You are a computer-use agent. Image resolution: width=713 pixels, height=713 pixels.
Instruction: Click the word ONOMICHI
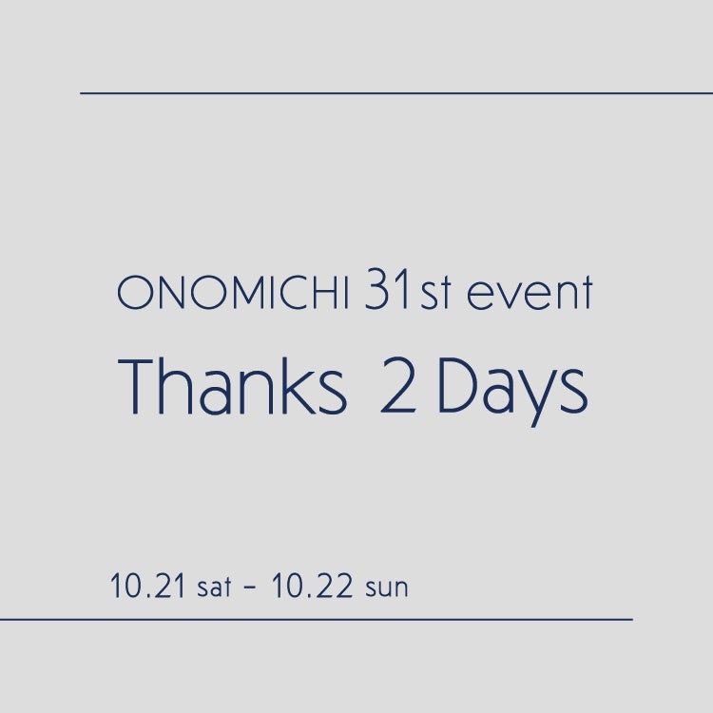pyautogui.click(x=233, y=293)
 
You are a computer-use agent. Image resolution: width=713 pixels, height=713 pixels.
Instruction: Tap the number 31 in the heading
pyautogui.click(x=387, y=289)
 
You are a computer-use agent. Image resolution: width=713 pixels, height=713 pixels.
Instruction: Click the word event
pyautogui.click(x=530, y=294)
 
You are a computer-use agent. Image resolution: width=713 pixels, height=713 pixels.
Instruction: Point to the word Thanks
pyautogui.click(x=232, y=387)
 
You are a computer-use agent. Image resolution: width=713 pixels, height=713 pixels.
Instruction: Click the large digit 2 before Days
pyautogui.click(x=398, y=386)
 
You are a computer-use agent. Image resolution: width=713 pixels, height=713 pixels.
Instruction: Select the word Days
pyautogui.click(x=513, y=392)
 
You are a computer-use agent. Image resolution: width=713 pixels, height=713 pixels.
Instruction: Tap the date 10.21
pyautogui.click(x=147, y=586)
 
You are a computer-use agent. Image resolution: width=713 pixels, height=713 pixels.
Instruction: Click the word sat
pyautogui.click(x=214, y=588)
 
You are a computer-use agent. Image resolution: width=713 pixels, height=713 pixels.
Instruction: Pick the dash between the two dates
pyautogui.click(x=250, y=588)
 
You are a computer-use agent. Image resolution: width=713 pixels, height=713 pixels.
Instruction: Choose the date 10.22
pyautogui.click(x=312, y=586)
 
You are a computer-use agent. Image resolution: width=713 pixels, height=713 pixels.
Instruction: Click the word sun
pyautogui.click(x=387, y=588)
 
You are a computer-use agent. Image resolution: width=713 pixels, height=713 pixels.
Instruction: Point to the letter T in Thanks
pyautogui.click(x=136, y=387)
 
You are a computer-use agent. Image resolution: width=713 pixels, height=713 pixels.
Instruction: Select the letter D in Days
pyautogui.click(x=458, y=386)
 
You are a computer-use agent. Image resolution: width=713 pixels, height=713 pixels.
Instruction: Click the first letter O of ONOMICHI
pyautogui.click(x=134, y=294)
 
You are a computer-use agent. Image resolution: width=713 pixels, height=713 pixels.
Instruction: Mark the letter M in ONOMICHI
pyautogui.click(x=252, y=294)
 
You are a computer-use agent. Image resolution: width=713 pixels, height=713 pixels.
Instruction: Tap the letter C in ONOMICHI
pyautogui.click(x=294, y=294)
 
